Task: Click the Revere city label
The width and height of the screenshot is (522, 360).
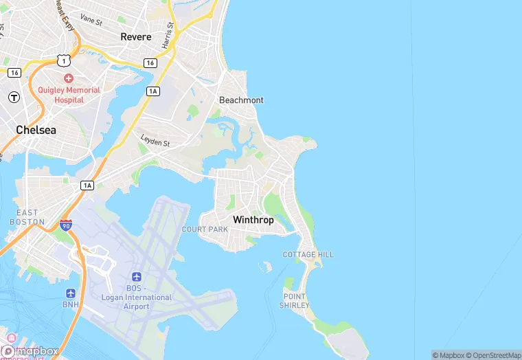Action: pos(136,36)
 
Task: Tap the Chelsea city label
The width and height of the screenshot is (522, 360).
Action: pos(36,129)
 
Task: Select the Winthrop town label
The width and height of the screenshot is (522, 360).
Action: pos(253,220)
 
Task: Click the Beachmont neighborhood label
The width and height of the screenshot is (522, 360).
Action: pos(241,100)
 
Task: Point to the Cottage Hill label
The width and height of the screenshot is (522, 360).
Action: pos(308,254)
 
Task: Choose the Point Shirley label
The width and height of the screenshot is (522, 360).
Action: pos(295,300)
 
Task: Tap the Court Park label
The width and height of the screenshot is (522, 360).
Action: pos(205,229)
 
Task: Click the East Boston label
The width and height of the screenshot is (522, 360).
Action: pos(27,217)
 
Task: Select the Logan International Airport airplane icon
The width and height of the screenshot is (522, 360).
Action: pos(136,276)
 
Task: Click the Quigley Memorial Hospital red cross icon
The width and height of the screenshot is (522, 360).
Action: pos(69,79)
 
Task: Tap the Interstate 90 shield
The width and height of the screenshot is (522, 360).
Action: pos(66,225)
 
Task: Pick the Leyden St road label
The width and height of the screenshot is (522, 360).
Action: pos(155,141)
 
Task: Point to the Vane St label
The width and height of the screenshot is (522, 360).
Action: pos(91,20)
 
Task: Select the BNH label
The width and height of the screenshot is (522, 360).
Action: pos(71,304)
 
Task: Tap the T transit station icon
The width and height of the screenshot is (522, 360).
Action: pos(14,97)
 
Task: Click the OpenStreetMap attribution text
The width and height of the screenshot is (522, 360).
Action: pos(493,355)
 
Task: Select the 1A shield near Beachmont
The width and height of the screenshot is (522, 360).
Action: pos(152,91)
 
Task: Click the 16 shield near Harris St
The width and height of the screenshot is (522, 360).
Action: pos(150,63)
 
